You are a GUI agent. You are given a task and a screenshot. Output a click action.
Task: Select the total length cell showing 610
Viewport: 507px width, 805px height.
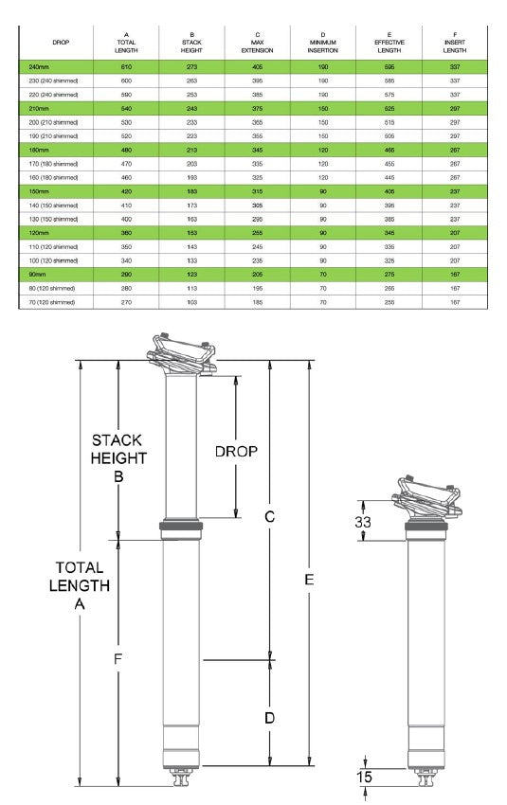tap(126, 67)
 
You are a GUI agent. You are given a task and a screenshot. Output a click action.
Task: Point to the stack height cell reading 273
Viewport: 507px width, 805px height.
tap(193, 67)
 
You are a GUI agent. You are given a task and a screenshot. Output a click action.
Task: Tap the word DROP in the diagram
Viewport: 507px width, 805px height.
tap(236, 452)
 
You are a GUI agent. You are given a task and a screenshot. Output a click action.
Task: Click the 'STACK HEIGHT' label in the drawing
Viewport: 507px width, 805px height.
tap(118, 449)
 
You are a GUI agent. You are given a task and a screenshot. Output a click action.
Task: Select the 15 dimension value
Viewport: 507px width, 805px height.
tap(364, 777)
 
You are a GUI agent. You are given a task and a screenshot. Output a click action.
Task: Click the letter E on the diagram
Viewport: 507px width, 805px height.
tap(309, 581)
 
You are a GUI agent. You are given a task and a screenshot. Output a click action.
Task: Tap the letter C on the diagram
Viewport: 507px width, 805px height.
tap(269, 516)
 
